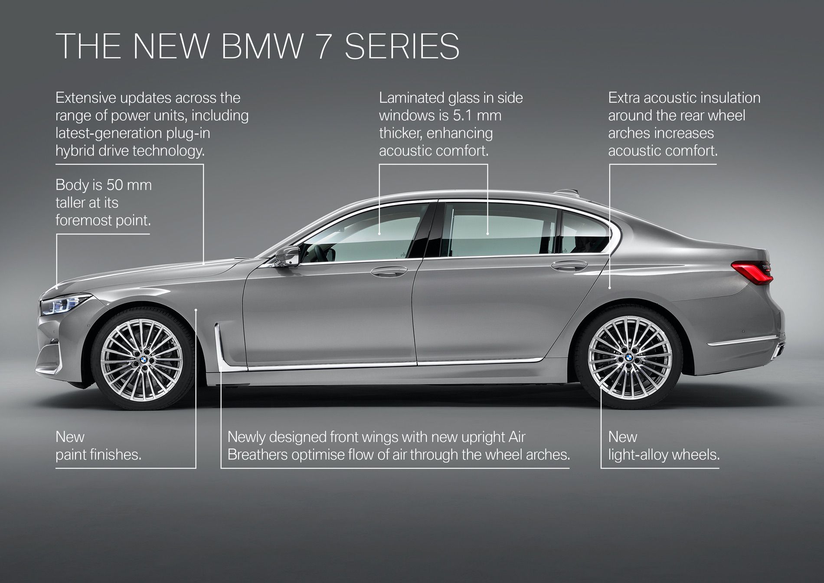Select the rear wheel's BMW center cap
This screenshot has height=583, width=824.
coord(628,357)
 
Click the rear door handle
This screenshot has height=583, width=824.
coord(569,265)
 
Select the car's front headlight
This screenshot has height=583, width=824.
coord(65,304)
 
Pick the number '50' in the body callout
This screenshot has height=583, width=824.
coord(114,185)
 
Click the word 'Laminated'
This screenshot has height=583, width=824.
coord(412,98)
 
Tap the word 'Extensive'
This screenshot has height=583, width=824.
coord(85,98)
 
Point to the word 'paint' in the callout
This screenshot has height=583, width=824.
coord(73,455)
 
